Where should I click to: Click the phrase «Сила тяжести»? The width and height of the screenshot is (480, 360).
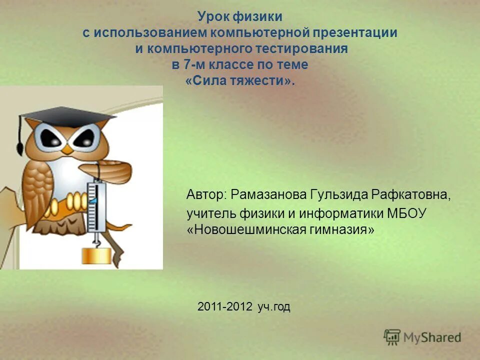coord(240,81)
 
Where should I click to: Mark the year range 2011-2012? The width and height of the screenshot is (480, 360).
coord(225,307)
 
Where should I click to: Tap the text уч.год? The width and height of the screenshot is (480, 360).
coord(274,307)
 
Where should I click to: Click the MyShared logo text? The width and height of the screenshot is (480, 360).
coord(432,337)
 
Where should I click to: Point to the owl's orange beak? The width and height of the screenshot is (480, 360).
coord(68,148)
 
